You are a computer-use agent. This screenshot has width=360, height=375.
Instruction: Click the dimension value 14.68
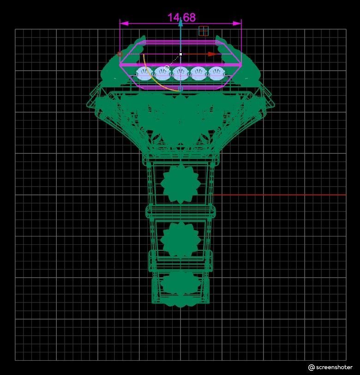[x=181, y=18]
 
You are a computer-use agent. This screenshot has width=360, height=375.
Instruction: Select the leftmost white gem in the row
[x=144, y=73]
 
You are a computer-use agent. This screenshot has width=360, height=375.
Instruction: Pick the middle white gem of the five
[x=180, y=73]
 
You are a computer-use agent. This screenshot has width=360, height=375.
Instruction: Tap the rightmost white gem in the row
[x=217, y=73]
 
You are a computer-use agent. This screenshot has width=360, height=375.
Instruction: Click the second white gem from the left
[x=162, y=73]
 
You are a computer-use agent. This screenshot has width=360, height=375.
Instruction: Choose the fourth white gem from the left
[x=199, y=73]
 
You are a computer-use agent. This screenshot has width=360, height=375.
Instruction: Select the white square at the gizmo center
[x=180, y=54]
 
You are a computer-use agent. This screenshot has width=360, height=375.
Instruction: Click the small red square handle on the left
[x=120, y=54]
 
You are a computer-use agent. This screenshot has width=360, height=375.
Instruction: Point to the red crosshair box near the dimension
[x=203, y=31]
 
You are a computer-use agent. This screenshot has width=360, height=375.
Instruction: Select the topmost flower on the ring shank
[x=180, y=184]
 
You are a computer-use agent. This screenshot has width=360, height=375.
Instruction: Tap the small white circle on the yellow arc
[x=167, y=68]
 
